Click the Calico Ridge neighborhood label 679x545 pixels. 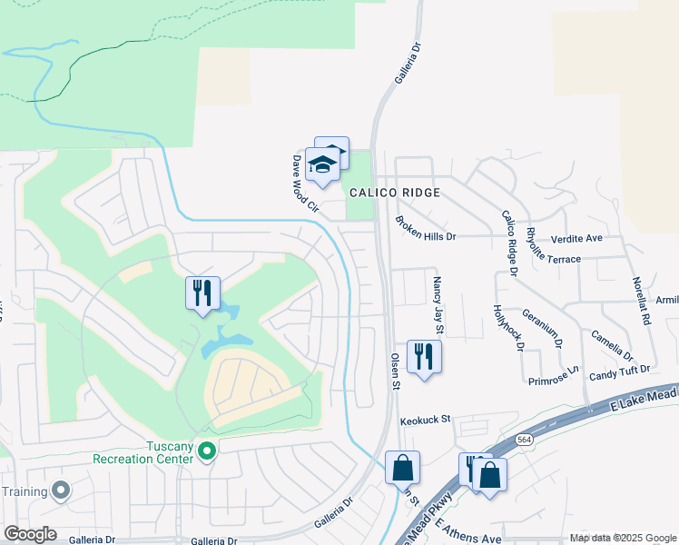[x=395, y=193]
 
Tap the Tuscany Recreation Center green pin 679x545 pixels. [x=207, y=449]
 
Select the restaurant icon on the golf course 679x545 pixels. [x=202, y=292]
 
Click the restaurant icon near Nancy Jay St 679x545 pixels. [x=424, y=355]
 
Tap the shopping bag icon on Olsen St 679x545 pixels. [x=403, y=469]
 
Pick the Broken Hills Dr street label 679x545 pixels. [x=425, y=228]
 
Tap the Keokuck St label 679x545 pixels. [x=426, y=420]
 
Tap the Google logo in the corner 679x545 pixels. [x=30, y=534]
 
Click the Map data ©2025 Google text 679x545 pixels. [x=622, y=538]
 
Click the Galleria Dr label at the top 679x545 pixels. [x=408, y=63]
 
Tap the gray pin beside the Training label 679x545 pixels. [x=61, y=490]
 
